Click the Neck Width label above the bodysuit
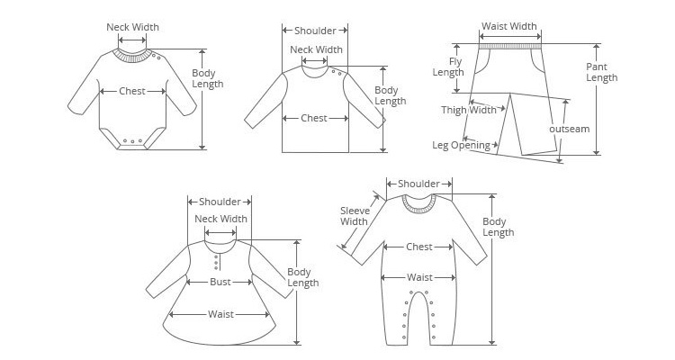click(x=132, y=27)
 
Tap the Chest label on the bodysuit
click(x=131, y=91)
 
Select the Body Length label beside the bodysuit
click(x=208, y=79)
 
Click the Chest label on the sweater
click(x=314, y=118)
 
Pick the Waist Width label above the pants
click(x=509, y=27)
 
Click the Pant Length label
click(x=602, y=72)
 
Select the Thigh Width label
click(x=469, y=111)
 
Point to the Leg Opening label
click(x=461, y=145)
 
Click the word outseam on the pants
click(x=570, y=129)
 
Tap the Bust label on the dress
click(x=220, y=282)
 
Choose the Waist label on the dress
click(x=221, y=314)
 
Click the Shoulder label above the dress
click(x=220, y=202)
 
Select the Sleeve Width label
click(x=354, y=216)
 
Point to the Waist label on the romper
click(x=419, y=277)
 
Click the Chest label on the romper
click(x=419, y=247)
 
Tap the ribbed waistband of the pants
click(x=510, y=40)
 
